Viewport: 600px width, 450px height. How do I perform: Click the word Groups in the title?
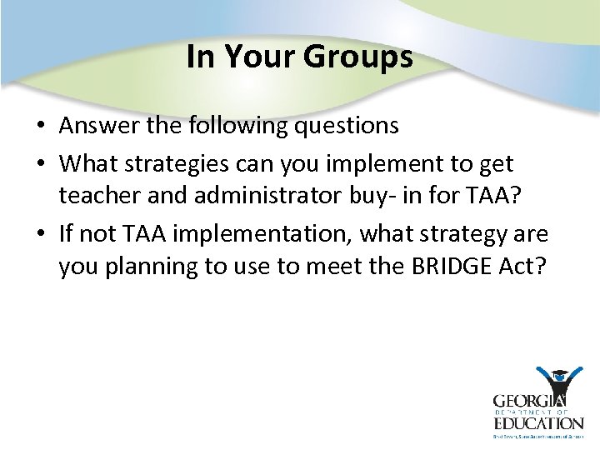coord(358,57)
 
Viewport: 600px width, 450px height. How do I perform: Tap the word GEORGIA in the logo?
coord(529,402)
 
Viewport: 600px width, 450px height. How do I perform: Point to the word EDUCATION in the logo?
coord(537,422)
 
